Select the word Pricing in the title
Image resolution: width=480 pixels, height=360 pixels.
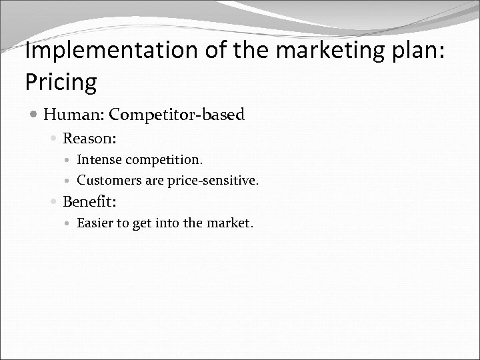tap(61, 82)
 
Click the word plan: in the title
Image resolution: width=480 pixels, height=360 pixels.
tap(403, 51)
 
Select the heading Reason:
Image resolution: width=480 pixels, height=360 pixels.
tap(90, 139)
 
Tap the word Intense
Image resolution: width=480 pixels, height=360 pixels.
tap(97, 160)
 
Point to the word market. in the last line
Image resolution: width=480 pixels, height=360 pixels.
tap(228, 222)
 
